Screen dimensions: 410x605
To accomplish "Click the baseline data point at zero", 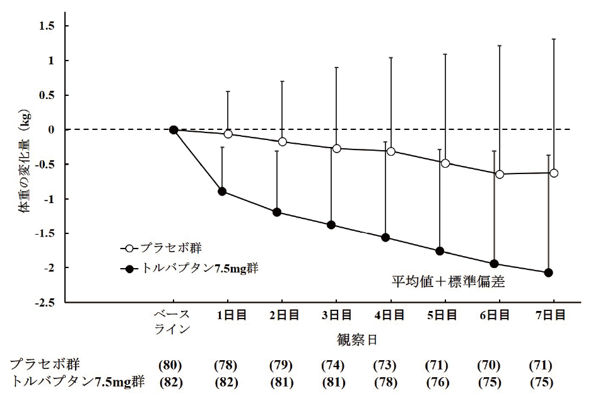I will tap(173, 130).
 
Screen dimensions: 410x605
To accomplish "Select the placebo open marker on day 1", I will tap(228, 134).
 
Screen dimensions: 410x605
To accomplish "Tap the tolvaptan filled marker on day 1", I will tap(222, 191).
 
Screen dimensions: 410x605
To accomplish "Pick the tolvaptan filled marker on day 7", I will tap(548, 272).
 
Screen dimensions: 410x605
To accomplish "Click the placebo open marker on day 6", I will tap(500, 174).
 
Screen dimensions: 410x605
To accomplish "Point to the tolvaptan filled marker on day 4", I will tap(385, 238).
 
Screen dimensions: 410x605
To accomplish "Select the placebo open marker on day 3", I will tap(336, 148).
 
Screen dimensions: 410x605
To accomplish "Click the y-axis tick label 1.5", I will tap(47, 26).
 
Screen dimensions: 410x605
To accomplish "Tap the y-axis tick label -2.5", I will tap(44, 303).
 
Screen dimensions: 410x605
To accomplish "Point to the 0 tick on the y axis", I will tap(52, 130).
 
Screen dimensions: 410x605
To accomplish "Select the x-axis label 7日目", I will tap(554, 315).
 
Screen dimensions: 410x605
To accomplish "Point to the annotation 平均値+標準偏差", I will tap(449, 282).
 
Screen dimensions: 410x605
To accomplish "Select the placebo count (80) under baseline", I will tap(170, 365).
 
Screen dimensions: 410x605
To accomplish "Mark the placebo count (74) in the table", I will tap(332, 365).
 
